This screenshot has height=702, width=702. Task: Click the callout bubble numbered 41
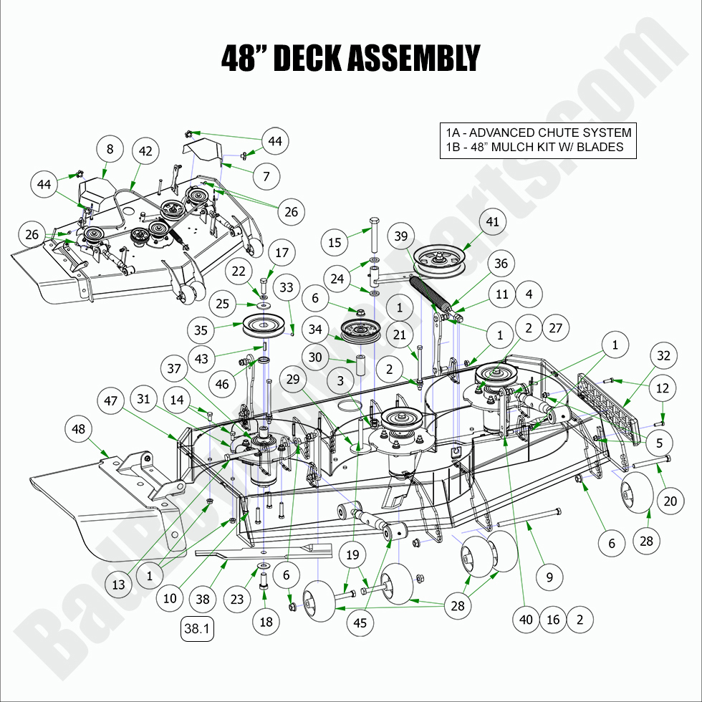[492, 222]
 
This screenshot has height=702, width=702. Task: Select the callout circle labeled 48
[80, 430]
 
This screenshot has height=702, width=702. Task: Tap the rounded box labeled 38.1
[198, 629]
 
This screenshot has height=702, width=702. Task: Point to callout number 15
[335, 243]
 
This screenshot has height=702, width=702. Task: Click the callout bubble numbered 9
[549, 576]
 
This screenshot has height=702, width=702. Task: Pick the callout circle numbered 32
[664, 355]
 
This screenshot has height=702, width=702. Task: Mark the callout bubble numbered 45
[360, 623]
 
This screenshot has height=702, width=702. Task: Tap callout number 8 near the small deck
[110, 150]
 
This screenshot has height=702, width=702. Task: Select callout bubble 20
[670, 501]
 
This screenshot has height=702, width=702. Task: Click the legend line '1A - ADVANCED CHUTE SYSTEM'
[538, 133]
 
